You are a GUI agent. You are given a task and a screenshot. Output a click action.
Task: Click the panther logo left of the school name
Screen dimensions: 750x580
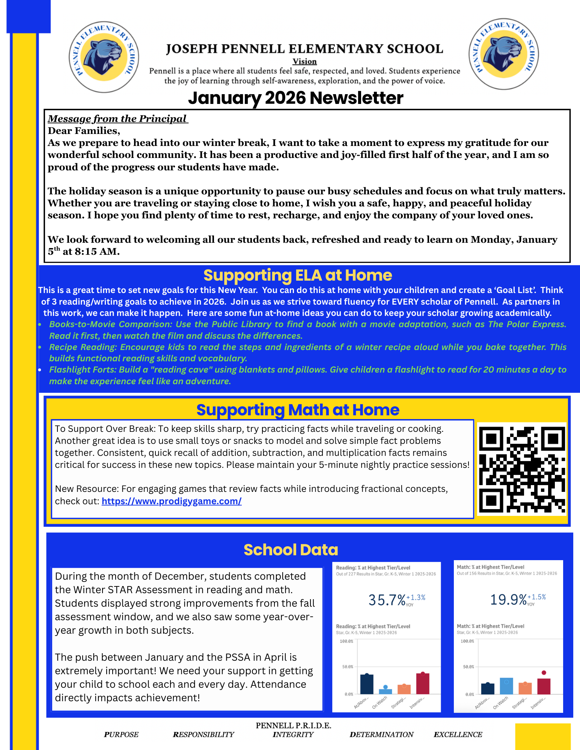click(x=104, y=57)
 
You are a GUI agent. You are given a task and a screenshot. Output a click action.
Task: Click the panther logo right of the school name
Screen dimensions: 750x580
click(x=503, y=54)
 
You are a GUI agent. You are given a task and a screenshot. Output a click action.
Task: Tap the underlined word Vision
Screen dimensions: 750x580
click(x=304, y=62)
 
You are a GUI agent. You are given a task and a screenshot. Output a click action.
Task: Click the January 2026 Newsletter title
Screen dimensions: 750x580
click(x=295, y=98)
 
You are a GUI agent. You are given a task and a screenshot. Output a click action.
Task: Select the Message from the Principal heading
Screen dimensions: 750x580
click(x=117, y=119)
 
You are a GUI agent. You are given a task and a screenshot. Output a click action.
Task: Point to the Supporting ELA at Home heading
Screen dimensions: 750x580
click(x=297, y=275)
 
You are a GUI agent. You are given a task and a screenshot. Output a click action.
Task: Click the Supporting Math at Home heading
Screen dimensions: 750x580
click(x=297, y=410)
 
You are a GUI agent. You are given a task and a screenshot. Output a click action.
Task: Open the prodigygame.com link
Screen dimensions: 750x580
click(x=172, y=501)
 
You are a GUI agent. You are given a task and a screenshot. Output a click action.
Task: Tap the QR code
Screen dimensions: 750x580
click(x=521, y=469)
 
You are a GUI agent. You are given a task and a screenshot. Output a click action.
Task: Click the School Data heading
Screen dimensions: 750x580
click(x=291, y=550)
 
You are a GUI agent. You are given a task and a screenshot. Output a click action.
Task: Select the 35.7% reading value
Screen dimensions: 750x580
click(x=387, y=600)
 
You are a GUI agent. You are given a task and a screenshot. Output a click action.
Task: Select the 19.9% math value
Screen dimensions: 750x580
click(x=508, y=600)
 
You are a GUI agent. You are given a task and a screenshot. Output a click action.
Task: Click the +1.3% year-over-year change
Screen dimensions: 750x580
click(x=416, y=597)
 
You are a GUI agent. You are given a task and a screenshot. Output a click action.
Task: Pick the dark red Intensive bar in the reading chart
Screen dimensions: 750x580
click(x=423, y=684)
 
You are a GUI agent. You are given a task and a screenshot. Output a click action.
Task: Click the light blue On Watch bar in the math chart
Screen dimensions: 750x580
click(x=506, y=686)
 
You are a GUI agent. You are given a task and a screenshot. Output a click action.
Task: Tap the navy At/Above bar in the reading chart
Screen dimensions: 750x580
click(x=367, y=684)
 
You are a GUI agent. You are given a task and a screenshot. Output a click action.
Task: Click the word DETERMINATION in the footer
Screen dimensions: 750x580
click(x=381, y=735)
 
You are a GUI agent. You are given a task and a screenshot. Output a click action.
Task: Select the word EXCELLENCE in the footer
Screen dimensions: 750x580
click(x=458, y=735)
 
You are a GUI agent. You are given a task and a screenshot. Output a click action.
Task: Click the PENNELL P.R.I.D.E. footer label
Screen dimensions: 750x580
click(x=293, y=726)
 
